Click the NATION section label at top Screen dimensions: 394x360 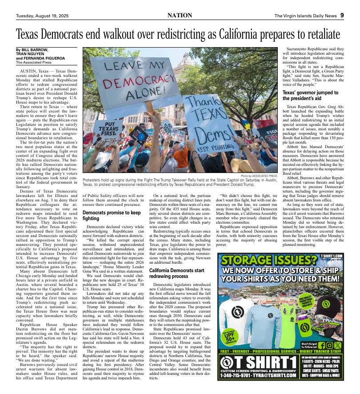[180, 16]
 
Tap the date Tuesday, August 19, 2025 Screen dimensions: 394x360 [43, 16]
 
